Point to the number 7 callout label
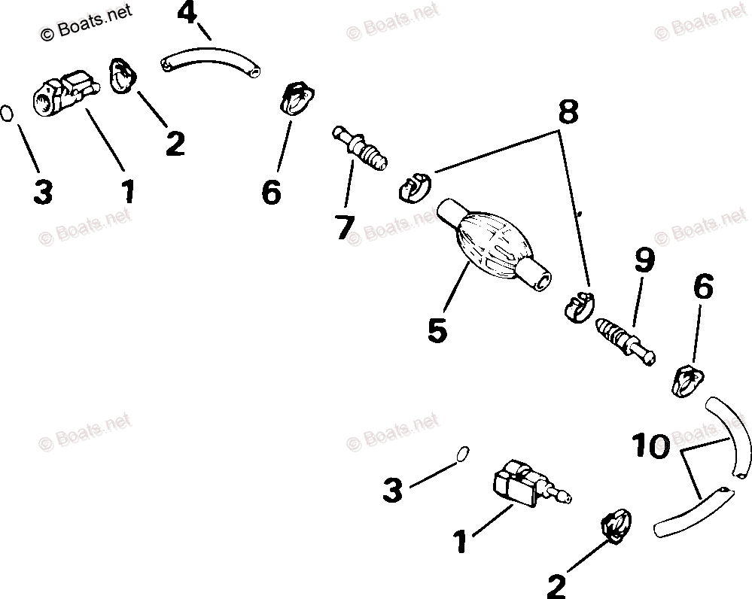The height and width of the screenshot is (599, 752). pyautogui.click(x=345, y=226)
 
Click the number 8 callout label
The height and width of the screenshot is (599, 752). pyautogui.click(x=568, y=111)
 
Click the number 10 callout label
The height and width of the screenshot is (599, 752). pyautogui.click(x=650, y=447)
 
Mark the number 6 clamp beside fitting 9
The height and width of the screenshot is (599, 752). pyautogui.click(x=686, y=380)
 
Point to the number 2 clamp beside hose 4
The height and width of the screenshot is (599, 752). pyautogui.click(x=122, y=76)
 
